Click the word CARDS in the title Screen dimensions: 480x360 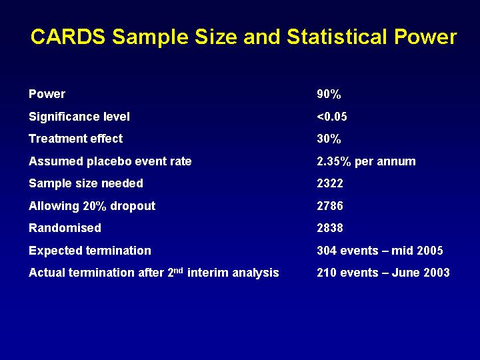[68, 37]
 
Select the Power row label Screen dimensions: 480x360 [47, 94]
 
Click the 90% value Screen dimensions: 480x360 [329, 94]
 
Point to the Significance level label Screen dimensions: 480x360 [79, 117]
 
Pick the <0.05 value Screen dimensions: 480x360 [332, 117]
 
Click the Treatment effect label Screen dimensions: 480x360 [75, 139]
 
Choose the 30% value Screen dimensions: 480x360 [329, 139]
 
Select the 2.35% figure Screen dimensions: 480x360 [334, 161]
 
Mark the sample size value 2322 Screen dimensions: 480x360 [330, 183]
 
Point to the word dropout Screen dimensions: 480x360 [133, 206]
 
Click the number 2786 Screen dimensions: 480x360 [330, 206]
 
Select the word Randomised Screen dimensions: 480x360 [65, 228]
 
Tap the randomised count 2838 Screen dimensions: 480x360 [330, 228]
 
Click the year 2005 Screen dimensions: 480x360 [430, 251]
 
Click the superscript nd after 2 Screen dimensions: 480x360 [179, 270]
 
